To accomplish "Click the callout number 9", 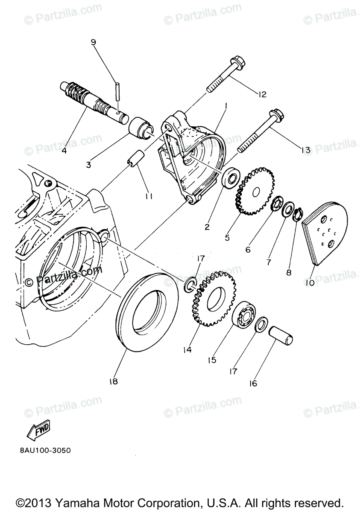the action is (94, 42).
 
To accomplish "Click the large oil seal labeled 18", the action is (147, 311).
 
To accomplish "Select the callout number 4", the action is (64, 150).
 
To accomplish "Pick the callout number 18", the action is (113, 382).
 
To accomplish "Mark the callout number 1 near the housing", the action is (225, 105).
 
